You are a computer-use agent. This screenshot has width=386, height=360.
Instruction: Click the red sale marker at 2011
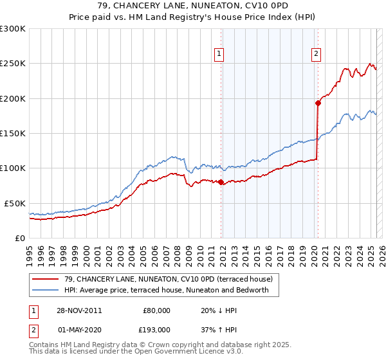(221, 182)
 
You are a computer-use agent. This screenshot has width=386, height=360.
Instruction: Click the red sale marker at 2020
(318, 103)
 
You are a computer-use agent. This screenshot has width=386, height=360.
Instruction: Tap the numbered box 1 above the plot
(220, 55)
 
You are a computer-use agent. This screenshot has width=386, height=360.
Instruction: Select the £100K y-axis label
(13, 168)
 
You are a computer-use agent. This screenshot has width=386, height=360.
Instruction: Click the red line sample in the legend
(46, 279)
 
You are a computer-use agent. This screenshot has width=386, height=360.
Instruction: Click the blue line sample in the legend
(46, 290)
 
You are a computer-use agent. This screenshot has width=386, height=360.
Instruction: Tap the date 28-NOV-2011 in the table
(80, 310)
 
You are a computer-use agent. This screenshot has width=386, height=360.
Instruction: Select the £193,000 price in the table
(156, 329)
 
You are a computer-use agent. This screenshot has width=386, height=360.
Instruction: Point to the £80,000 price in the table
(156, 310)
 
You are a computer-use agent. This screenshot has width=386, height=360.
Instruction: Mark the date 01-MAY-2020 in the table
(80, 329)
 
